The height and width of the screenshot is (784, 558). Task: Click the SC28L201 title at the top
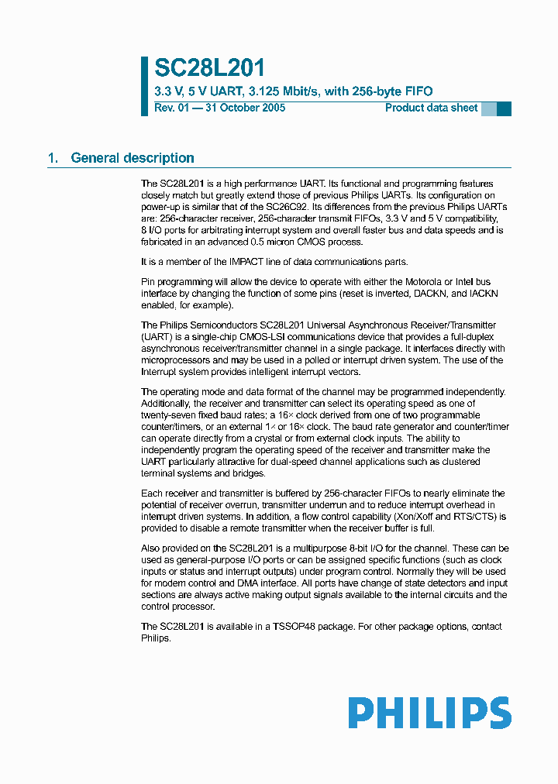click(x=209, y=69)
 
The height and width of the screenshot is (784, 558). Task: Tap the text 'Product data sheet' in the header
click(x=431, y=108)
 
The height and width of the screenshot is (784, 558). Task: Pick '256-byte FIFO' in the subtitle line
click(x=393, y=91)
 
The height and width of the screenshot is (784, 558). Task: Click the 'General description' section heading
click(x=133, y=158)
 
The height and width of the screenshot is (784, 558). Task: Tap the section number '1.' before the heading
click(x=53, y=158)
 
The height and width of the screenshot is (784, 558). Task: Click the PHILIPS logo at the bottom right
click(x=429, y=713)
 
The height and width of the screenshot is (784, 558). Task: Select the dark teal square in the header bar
click(x=504, y=109)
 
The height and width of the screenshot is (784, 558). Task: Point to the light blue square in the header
click(x=488, y=109)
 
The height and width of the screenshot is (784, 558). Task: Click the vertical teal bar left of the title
click(x=144, y=86)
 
